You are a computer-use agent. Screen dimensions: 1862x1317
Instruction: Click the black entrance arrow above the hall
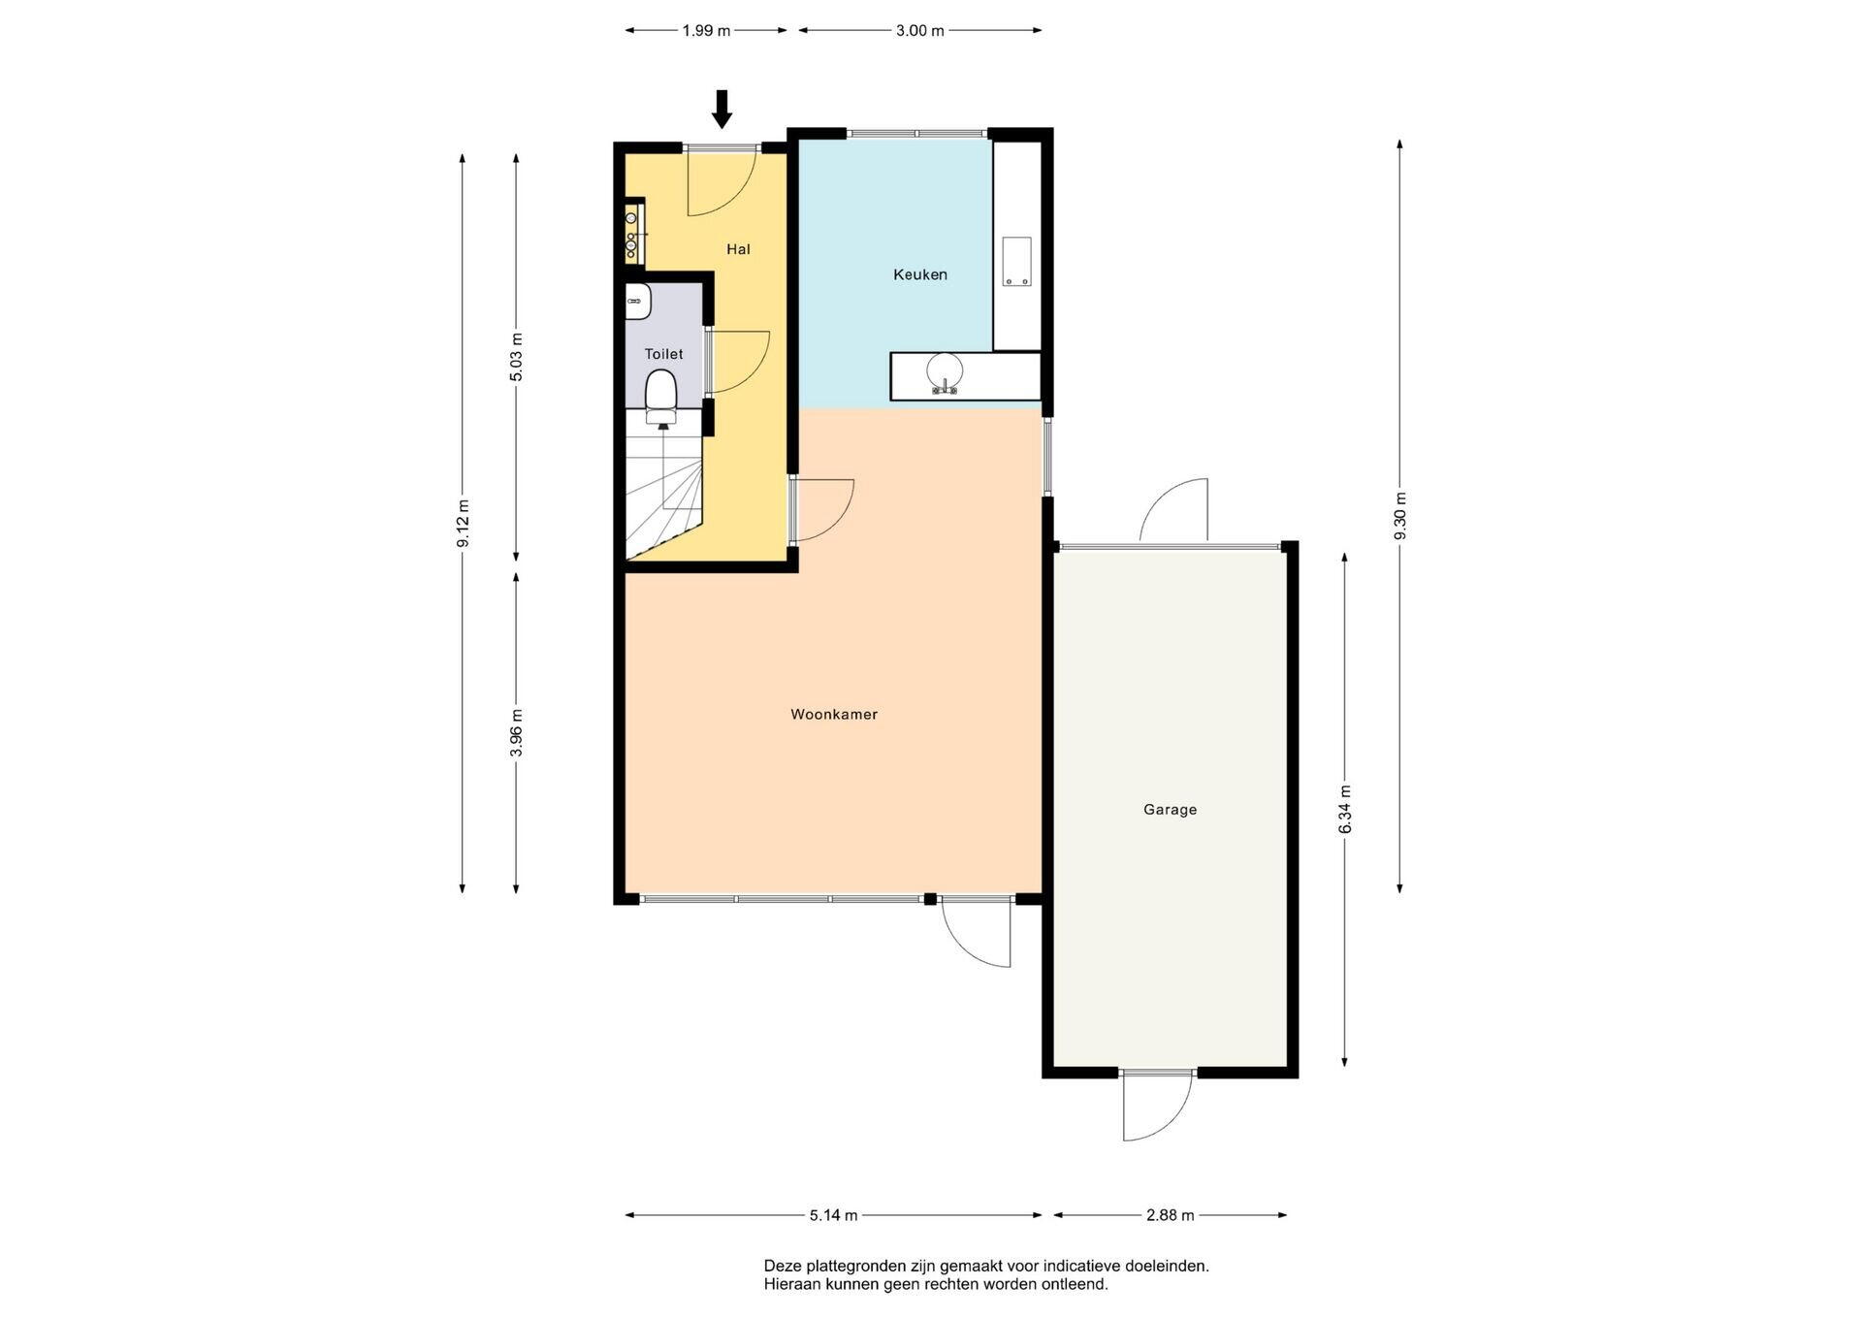coord(722,109)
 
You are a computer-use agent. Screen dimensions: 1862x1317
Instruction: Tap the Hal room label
coord(738,249)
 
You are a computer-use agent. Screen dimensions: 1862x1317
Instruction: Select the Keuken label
coord(920,274)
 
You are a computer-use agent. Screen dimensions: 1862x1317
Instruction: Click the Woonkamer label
coord(834,715)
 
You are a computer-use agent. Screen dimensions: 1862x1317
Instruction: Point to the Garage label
coord(1170,810)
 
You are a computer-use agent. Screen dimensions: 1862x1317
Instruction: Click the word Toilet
coord(664,354)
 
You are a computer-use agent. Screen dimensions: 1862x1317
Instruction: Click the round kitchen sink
coord(944,372)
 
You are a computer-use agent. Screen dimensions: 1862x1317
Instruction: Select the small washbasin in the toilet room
coord(638,302)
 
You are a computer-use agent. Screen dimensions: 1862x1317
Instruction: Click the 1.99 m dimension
coord(706,31)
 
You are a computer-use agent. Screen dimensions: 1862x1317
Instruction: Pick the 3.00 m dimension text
coord(920,31)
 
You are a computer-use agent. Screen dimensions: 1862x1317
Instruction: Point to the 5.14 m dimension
coord(833,1215)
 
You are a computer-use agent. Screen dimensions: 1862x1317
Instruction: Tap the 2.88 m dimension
coord(1171,1215)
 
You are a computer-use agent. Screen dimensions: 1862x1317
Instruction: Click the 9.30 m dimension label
coord(1399,517)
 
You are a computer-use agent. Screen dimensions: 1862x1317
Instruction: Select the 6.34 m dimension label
coord(1345,809)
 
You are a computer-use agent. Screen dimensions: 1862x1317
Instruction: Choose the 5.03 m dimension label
coord(516,357)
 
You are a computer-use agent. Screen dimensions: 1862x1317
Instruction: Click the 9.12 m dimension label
coord(463,524)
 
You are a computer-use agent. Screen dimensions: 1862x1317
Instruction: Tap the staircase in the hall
coord(663,484)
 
